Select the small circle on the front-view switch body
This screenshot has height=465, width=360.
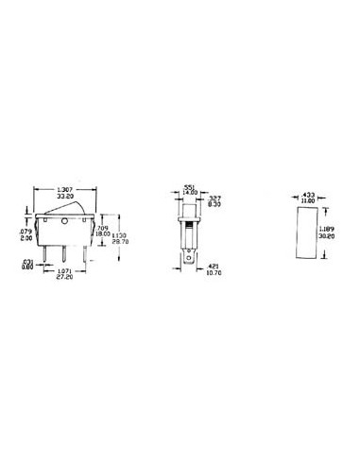(63, 223)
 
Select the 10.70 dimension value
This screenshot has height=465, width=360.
(214, 273)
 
